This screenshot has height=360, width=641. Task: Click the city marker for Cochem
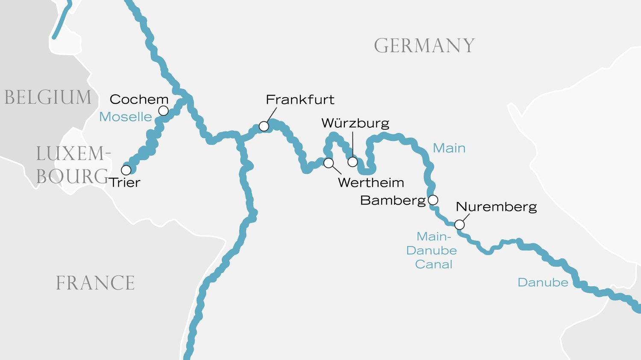[x=163, y=111]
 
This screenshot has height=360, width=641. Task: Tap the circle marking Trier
[x=126, y=170]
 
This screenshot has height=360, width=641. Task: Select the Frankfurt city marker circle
[x=264, y=126]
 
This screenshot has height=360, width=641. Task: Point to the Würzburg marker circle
[x=353, y=162]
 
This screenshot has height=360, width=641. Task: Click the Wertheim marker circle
[x=329, y=163]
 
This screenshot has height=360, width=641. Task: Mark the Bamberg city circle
[x=433, y=200]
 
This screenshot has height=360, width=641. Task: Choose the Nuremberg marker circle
[x=459, y=225]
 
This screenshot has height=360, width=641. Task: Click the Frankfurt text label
[x=300, y=100]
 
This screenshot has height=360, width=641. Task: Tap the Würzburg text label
[x=355, y=123]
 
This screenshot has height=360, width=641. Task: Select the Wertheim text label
[x=371, y=182]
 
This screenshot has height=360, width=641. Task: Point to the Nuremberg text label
[x=496, y=207]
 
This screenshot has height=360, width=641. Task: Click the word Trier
[x=124, y=182]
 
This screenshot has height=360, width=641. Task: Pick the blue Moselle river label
[x=126, y=117]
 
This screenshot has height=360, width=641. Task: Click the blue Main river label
[x=449, y=148]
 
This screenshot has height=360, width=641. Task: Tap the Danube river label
[x=543, y=282]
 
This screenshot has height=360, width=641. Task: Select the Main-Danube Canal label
[x=432, y=250]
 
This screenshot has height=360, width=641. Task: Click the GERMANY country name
[x=424, y=46]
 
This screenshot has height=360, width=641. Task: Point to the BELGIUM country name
[x=48, y=97]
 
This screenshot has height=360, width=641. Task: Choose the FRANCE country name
[x=95, y=283]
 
